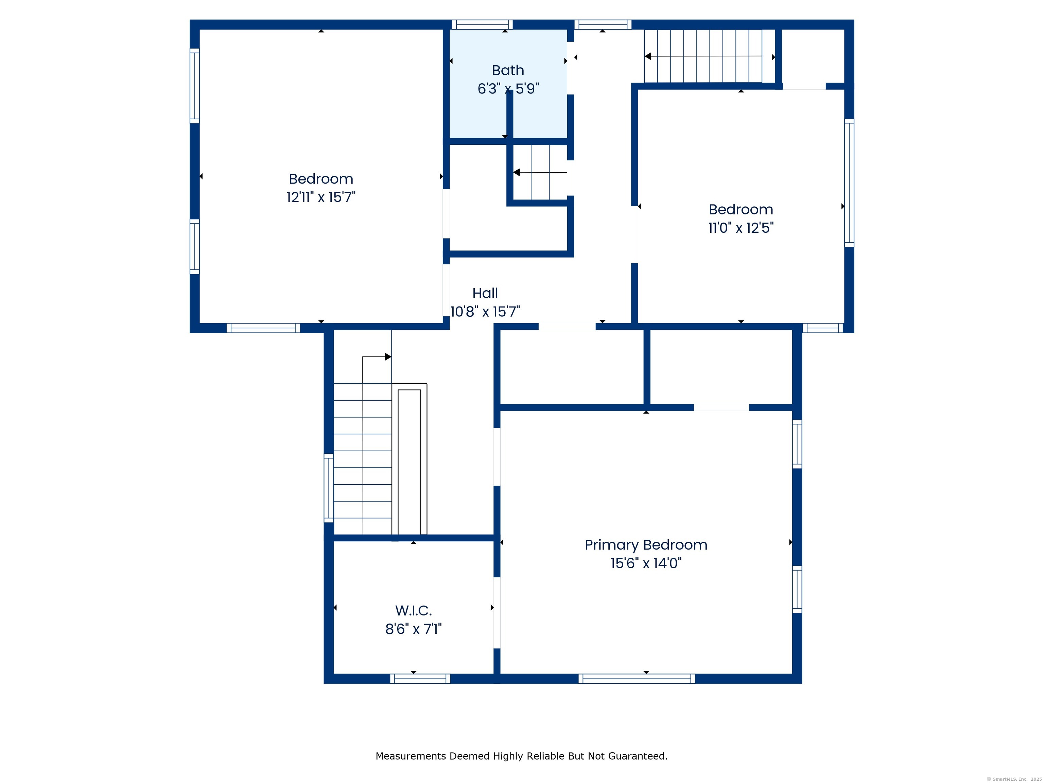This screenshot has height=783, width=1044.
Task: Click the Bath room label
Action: coord(508,70)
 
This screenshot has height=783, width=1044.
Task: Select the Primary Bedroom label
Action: coord(646,545)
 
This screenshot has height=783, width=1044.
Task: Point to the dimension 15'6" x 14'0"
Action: coord(646,563)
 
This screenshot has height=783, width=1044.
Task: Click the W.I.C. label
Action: coord(414,611)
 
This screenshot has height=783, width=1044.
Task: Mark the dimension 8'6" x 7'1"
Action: coord(414,629)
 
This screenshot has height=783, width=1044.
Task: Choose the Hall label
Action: coord(485,293)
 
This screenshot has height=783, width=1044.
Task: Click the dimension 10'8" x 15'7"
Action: coord(485,312)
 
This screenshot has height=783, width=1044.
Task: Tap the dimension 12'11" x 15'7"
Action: coord(321,197)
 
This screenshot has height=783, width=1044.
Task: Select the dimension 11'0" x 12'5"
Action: coord(741,228)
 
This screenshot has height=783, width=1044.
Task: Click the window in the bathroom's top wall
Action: coord(482,24)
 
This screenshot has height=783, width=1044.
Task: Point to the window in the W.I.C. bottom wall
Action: coord(420,679)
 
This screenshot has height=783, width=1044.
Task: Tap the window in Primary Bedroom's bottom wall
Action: coord(637,679)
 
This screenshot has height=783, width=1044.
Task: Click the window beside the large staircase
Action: coord(329,488)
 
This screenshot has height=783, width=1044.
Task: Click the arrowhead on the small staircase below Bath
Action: coord(516,172)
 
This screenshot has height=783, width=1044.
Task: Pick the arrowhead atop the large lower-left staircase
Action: coord(388,357)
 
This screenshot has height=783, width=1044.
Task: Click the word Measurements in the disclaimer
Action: coord(411,756)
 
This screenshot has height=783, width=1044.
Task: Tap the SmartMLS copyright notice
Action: coord(1014,779)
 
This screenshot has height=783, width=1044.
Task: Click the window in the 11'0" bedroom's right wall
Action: coord(849,182)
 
